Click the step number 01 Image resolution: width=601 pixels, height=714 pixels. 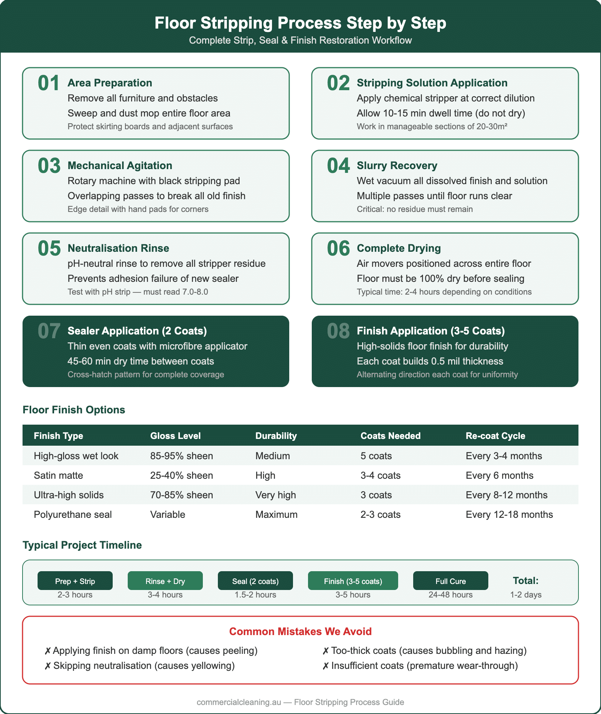(48, 83)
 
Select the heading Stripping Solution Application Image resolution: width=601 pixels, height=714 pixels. (432, 83)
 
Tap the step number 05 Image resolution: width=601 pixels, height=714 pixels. (49, 248)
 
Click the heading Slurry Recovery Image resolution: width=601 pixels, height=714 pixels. (397, 166)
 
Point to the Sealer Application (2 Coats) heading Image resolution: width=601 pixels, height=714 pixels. (137, 331)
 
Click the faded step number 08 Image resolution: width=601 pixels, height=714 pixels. (338, 331)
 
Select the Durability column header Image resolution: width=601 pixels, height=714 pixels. (276, 436)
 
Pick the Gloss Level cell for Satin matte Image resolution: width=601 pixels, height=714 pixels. (181, 475)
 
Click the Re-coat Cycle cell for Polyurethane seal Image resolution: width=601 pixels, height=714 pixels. (509, 514)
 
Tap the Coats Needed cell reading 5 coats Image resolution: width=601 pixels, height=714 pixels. (376, 456)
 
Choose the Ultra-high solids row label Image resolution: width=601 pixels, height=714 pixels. (69, 495)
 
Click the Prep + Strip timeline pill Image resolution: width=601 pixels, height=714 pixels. (75, 581)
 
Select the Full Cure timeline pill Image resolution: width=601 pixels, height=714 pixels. (450, 581)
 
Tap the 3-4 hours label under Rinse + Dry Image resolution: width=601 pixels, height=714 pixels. (165, 595)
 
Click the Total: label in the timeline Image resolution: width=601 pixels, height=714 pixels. (525, 581)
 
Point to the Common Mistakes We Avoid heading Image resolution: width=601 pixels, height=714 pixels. (300, 631)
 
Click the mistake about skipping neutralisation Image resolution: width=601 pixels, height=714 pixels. (140, 666)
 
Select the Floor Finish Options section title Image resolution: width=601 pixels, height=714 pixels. (74, 410)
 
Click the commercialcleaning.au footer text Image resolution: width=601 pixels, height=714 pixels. (300, 702)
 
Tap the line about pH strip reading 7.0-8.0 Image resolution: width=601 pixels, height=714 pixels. (137, 292)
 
